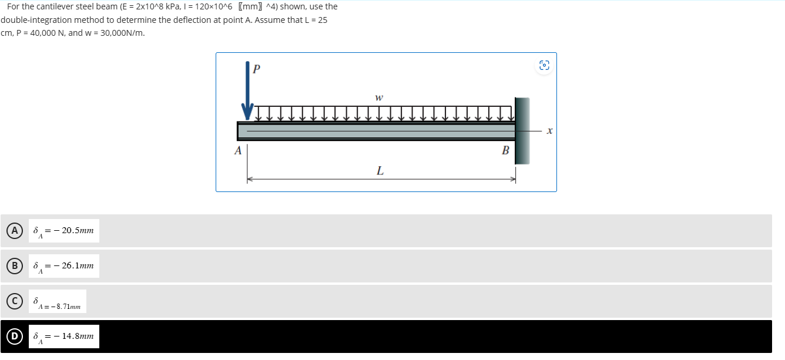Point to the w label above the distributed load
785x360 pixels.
378,97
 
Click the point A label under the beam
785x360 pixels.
238,150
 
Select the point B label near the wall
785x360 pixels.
505,150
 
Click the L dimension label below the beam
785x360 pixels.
380,171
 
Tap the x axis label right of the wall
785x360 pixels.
549,132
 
